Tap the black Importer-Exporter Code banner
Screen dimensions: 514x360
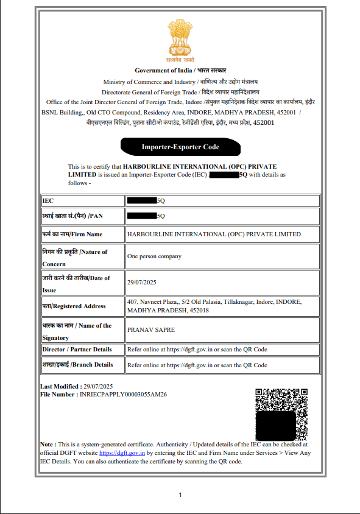180,147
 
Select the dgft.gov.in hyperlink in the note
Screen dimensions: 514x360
122,453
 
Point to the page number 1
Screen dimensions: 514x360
180,495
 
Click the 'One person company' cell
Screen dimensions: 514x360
154,256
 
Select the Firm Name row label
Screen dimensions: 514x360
72,234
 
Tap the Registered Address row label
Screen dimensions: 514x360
74,306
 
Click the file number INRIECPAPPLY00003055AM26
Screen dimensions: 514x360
123,395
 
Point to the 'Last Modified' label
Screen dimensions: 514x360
59,387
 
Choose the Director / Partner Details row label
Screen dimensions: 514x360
77,350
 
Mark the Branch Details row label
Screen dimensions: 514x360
77,365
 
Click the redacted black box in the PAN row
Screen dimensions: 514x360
142,215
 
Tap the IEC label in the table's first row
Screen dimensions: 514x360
48,200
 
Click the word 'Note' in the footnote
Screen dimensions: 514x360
47,445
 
